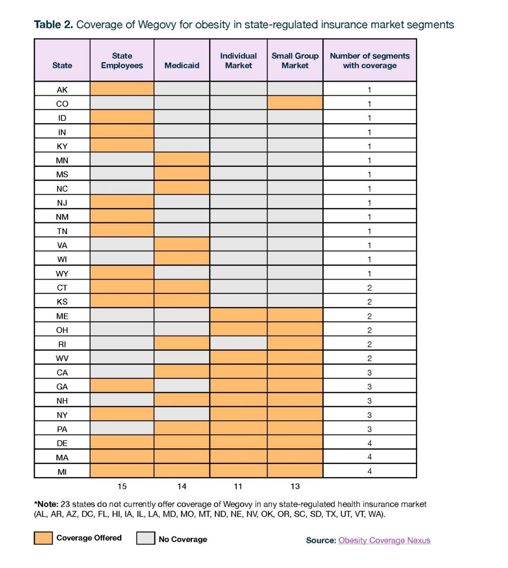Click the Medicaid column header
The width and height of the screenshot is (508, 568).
coord(182,65)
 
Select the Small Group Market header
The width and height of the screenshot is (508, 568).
coord(295,60)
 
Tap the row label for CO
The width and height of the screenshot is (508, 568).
coord(62,104)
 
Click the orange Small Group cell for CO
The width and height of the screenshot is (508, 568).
coord(295,102)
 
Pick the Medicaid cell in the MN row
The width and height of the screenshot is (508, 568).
coord(182,159)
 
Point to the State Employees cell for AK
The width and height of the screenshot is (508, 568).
coord(122,89)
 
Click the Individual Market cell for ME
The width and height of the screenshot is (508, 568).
coord(239,315)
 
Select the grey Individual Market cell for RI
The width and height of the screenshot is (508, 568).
coord(239,343)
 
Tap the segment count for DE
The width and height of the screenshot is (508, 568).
coord(369,443)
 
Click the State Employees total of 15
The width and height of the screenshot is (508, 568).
coord(122,486)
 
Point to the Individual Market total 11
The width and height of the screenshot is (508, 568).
coord(238,486)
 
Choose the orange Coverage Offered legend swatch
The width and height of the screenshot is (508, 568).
coord(43,538)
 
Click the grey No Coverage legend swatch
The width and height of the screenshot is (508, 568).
coord(146,538)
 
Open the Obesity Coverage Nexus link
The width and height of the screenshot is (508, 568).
coord(384,540)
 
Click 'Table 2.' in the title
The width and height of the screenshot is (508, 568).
coord(54,24)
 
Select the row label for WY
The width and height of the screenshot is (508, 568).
coord(62,274)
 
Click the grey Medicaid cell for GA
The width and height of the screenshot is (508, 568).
coord(182,386)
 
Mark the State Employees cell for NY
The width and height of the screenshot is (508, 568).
coord(122,414)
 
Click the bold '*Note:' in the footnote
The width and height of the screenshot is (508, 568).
coord(46,504)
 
